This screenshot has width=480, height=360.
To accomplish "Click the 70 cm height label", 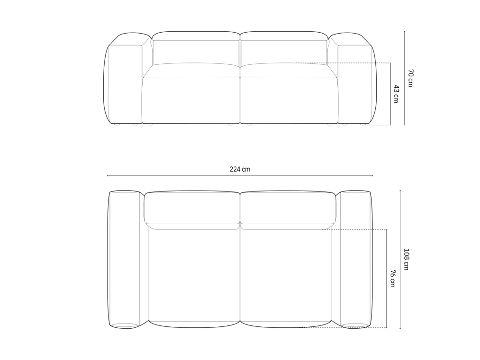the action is pos(410,78).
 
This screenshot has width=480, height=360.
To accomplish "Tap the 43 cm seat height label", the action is pos(396,94).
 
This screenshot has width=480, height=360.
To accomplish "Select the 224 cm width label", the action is pos(240,169).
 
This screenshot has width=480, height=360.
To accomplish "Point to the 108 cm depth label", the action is pos(406,259).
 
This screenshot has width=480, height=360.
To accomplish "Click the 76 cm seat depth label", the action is pos(392,278).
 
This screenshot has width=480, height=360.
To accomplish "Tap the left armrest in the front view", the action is pos(124,80).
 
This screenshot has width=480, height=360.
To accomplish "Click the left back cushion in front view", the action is pos(196,49).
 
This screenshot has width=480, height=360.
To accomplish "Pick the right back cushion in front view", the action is pos(284,49).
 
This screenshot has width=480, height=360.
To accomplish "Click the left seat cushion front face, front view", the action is pos(191,100).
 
